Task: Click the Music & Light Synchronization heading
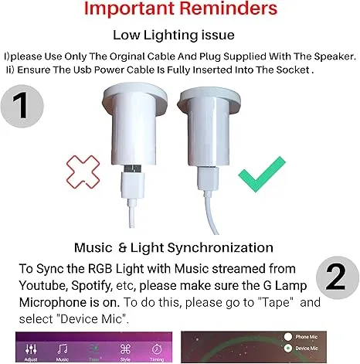click(x=174, y=247)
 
